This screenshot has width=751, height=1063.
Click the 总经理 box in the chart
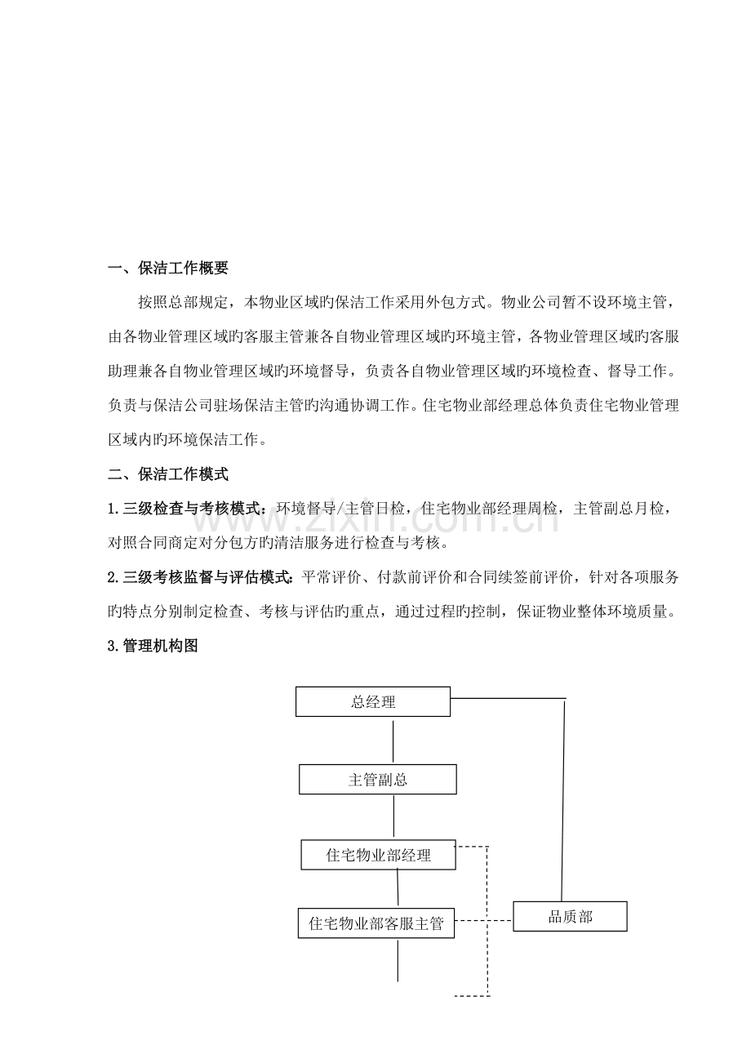coord(373,701)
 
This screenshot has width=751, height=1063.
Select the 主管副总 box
coord(377,779)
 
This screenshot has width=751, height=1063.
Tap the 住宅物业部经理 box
coord(378,855)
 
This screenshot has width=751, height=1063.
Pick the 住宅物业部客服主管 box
coord(376,923)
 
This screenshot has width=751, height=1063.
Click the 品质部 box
coord(570,916)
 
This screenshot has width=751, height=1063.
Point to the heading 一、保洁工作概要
coord(169,268)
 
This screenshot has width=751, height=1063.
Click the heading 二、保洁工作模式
coord(169,474)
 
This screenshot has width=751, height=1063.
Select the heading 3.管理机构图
coord(153,646)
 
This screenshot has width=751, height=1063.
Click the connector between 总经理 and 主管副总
coord(394,741)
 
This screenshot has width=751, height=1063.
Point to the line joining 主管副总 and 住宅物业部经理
coord(394,816)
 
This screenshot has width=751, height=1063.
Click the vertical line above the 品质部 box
coord(564,800)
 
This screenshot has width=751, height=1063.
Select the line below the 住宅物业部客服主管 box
coord(398,960)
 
